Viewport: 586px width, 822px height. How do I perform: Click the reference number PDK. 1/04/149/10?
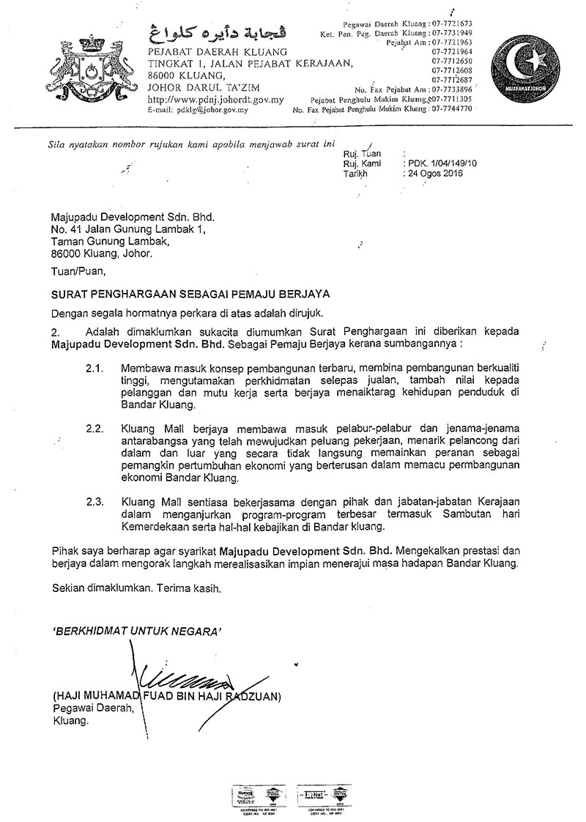point(442,164)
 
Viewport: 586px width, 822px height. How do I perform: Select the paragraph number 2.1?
point(94,365)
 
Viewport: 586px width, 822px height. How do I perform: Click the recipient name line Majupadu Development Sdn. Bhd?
point(135,218)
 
